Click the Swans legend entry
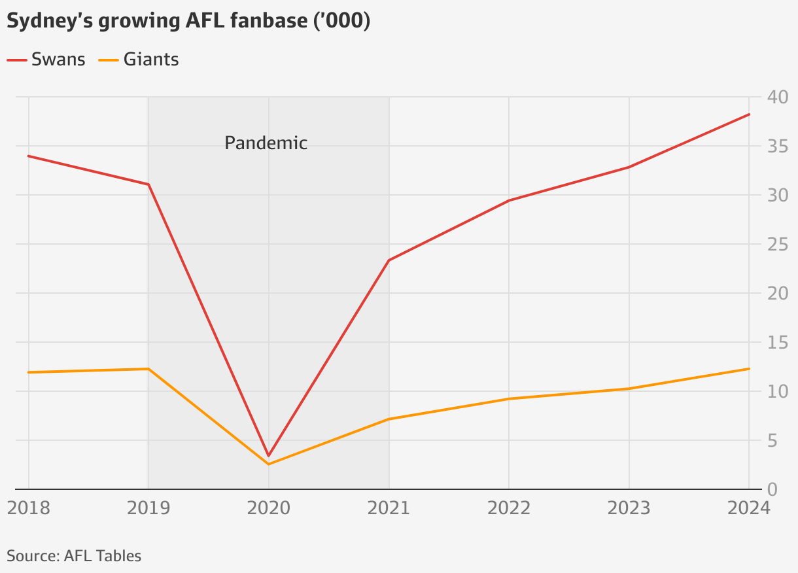[x=46, y=60]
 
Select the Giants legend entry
[x=139, y=60]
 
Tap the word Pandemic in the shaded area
[x=266, y=143]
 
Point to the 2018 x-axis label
[x=28, y=508]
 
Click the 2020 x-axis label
[x=268, y=508]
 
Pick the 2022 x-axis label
[x=509, y=508]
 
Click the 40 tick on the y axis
[x=779, y=97]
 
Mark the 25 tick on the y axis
[x=779, y=245]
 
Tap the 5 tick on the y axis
[x=774, y=441]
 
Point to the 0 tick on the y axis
[x=774, y=490]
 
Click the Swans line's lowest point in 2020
[x=268, y=455]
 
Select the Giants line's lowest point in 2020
[x=268, y=464]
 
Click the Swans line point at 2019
[x=148, y=184]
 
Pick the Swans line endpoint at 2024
[x=749, y=114]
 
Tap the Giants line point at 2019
[x=148, y=369]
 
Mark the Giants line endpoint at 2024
[x=749, y=369]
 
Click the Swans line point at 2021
[x=389, y=260]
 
